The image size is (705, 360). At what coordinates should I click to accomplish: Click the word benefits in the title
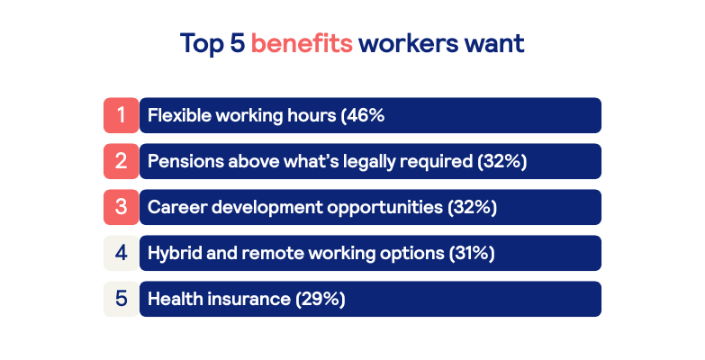pyautogui.click(x=302, y=43)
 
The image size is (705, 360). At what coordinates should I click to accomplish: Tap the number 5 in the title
pyautogui.click(x=238, y=43)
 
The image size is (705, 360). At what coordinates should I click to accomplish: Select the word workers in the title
pyautogui.click(x=408, y=43)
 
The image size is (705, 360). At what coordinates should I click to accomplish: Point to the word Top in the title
pyautogui.click(x=202, y=44)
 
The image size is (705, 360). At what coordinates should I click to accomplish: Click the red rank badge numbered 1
pyautogui.click(x=121, y=115)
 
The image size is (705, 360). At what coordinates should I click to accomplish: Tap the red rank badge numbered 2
pyautogui.click(x=121, y=161)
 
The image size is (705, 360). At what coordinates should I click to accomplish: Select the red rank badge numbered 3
pyautogui.click(x=121, y=207)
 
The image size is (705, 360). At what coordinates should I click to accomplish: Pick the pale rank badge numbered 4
pyautogui.click(x=121, y=253)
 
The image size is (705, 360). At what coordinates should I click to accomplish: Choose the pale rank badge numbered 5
pyautogui.click(x=121, y=299)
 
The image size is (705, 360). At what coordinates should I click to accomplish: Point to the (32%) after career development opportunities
pyautogui.click(x=472, y=207)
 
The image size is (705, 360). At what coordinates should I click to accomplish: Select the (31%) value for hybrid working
pyautogui.click(x=472, y=253)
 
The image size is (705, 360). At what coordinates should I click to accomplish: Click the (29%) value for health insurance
pyautogui.click(x=321, y=299)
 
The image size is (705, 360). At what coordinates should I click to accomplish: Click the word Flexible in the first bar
pyautogui.click(x=179, y=115)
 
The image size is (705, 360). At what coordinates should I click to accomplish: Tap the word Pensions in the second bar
pyautogui.click(x=185, y=161)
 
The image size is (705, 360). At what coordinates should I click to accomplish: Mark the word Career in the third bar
pyautogui.click(x=177, y=208)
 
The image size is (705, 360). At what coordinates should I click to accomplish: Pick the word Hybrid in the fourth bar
pyautogui.click(x=175, y=254)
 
